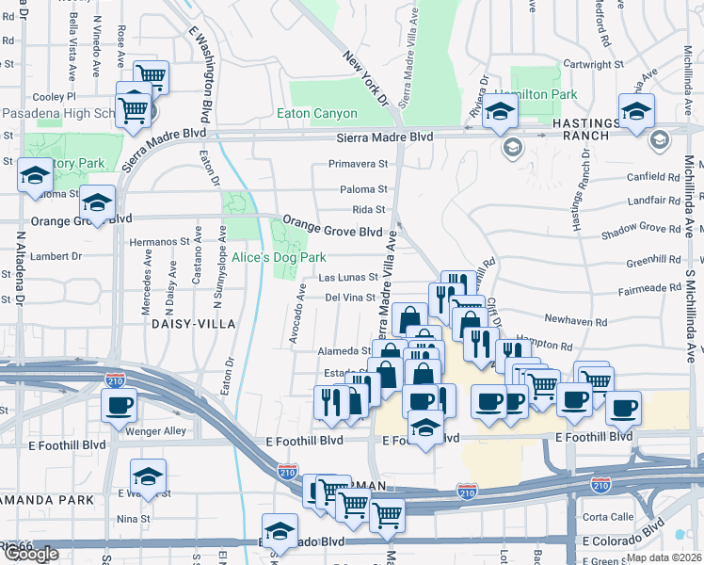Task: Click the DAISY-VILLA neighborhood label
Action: coord(190,323)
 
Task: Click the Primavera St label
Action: coord(358,164)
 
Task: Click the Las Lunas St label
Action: coord(347,278)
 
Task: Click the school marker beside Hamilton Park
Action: coord(500,111)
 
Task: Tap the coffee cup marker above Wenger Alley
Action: coord(120,404)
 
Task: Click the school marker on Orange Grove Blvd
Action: coord(97,202)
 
